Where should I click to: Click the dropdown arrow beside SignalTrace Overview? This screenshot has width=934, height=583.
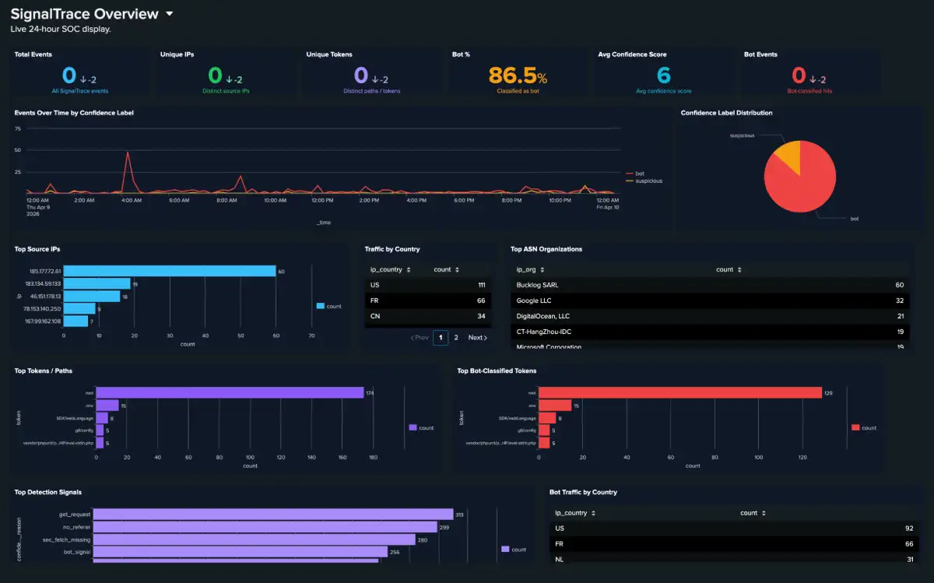170,14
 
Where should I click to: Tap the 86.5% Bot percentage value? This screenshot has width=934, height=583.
518,76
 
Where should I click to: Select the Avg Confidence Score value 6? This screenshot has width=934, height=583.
663,76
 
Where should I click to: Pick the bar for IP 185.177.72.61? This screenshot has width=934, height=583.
170,271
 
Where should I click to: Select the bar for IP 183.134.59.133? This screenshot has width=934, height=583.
97,283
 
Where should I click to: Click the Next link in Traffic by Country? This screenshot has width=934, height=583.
476,338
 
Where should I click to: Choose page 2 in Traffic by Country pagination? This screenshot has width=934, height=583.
456,338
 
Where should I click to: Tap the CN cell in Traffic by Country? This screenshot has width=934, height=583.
375,316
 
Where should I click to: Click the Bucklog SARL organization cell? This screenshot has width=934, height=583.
537,285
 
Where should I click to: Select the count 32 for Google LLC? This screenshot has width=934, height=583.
899,300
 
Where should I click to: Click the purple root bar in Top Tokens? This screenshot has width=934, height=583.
230,392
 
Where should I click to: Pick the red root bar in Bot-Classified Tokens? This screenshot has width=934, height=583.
680,392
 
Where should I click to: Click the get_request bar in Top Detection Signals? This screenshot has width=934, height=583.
272,514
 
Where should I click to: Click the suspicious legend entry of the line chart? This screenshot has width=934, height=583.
648,181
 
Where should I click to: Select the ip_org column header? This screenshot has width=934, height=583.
526,269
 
